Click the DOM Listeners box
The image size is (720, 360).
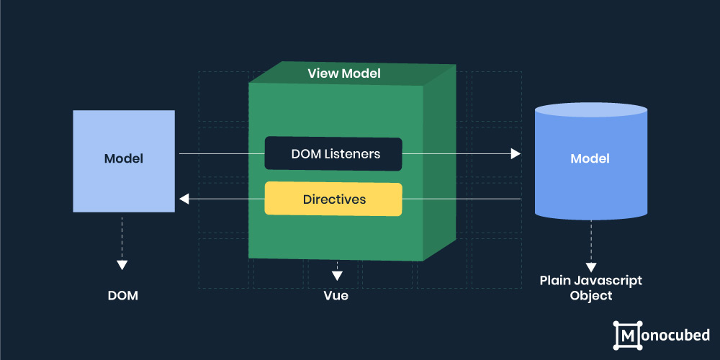[333, 153]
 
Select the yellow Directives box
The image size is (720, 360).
[333, 199]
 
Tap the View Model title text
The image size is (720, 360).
[344, 73]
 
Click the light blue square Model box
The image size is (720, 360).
[124, 161]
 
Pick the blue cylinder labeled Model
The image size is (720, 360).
[591, 161]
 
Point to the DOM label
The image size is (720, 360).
[122, 296]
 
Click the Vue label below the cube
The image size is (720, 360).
[336, 296]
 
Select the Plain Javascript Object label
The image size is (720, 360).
[591, 288]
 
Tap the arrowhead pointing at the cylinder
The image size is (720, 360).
[516, 153]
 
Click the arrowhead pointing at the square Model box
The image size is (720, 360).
[184, 199]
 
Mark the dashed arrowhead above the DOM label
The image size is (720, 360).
[122, 265]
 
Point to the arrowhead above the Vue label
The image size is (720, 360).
[337, 276]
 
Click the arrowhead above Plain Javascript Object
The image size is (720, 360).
[591, 267]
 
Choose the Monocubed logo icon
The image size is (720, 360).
[628, 336]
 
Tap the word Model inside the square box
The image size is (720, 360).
[124, 159]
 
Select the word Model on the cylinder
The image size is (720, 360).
[590, 159]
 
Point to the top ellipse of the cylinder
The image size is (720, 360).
[591, 109]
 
